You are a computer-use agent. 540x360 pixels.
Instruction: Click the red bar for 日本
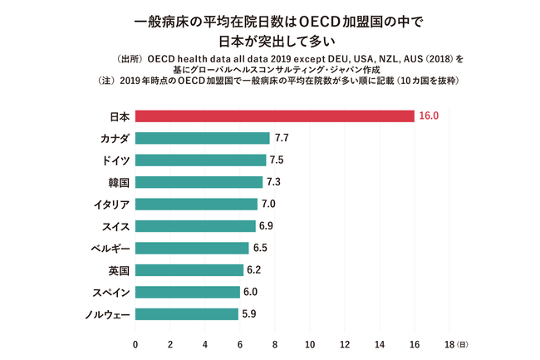coord(274,116)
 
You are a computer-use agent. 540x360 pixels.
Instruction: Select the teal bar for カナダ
coord(203,138)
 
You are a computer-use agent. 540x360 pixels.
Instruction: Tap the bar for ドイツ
coord(200,160)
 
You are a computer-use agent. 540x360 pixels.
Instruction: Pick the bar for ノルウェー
coord(186,313)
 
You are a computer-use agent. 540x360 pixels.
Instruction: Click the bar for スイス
coord(195,225)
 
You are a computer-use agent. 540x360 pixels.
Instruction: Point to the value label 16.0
coord(429,116)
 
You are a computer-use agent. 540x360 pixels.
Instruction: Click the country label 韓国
coord(118,182)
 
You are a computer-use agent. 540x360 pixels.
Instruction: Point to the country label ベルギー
coord(109,248)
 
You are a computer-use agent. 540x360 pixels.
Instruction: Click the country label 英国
coord(118,269)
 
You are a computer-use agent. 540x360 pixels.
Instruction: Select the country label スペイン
coord(109,292)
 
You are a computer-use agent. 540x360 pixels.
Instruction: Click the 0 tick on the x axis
coord(135,343)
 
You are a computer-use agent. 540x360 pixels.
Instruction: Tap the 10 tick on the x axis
coord(310,343)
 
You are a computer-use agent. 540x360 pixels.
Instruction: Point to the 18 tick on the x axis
coord(449,343)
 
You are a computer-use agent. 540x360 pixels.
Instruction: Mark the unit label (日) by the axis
coord(463,344)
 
